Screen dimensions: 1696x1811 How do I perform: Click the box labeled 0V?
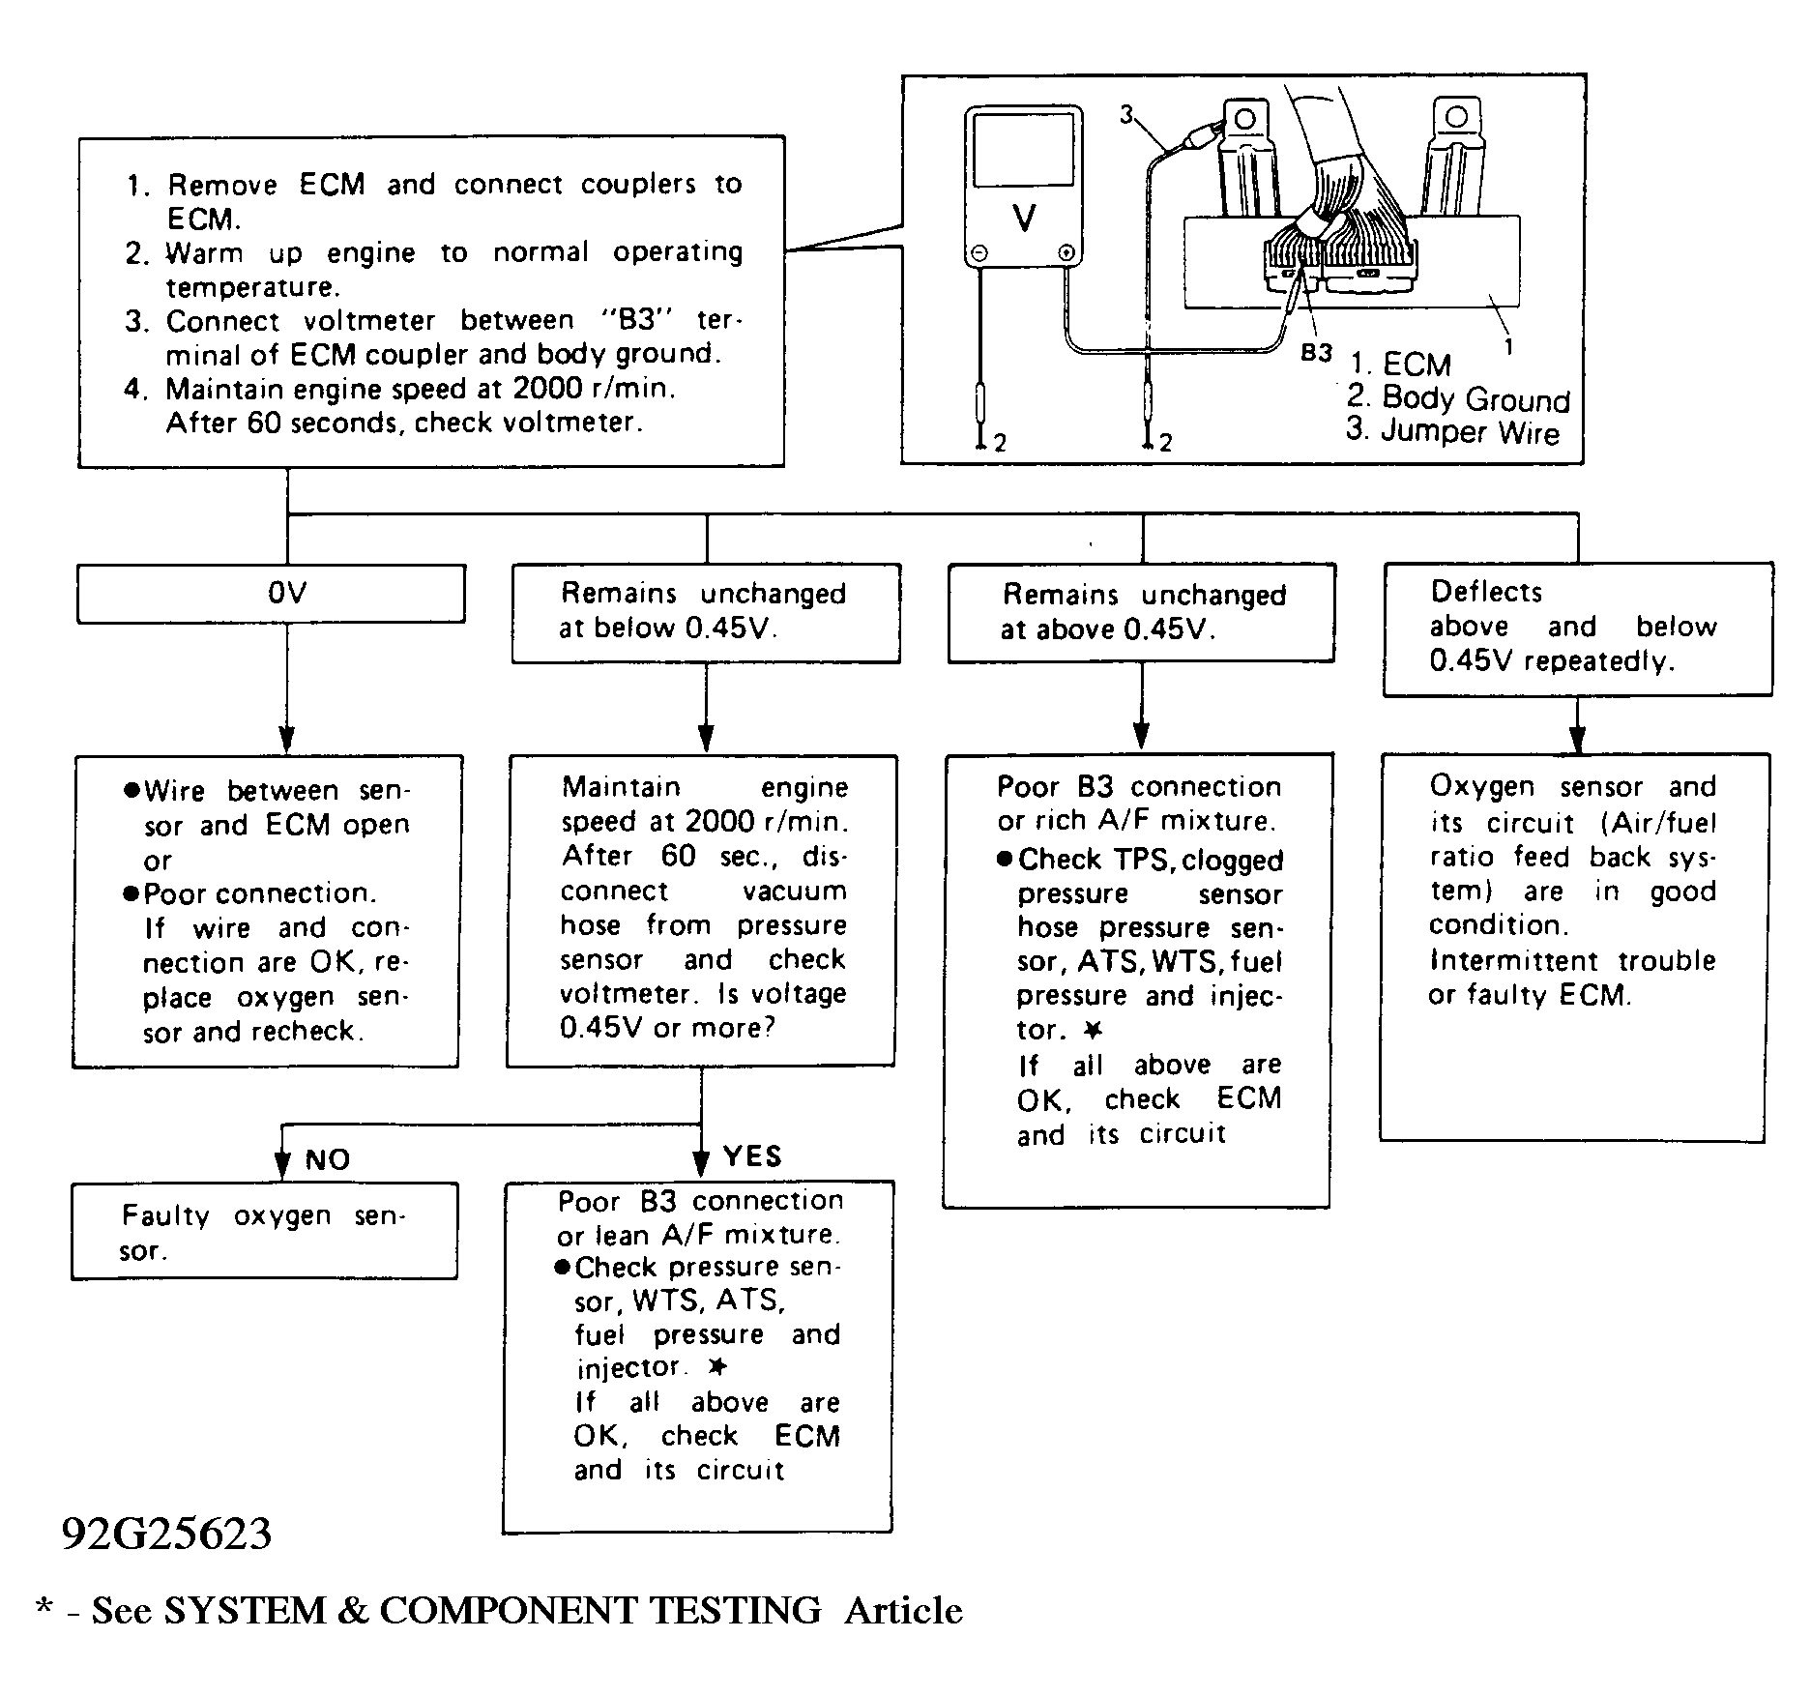click(x=271, y=593)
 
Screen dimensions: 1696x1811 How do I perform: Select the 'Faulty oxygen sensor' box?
click(x=264, y=1231)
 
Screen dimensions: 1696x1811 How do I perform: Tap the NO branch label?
click(x=328, y=1159)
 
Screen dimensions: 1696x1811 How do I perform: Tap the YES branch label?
click(x=752, y=1156)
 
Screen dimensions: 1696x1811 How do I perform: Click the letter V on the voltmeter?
click(x=1023, y=219)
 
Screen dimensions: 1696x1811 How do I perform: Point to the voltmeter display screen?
click(x=1023, y=149)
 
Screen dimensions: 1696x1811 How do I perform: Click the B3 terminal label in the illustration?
click(x=1316, y=353)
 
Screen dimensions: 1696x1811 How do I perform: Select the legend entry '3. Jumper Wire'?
click(x=1452, y=430)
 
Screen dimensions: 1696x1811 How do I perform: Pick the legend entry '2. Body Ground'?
click(x=1458, y=398)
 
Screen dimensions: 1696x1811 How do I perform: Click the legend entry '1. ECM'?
click(x=1401, y=365)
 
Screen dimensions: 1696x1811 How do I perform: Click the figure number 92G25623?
click(x=167, y=1534)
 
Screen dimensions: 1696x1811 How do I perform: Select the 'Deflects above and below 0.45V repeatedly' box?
click(x=1577, y=629)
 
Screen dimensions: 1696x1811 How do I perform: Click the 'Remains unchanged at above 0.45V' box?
click(x=1141, y=613)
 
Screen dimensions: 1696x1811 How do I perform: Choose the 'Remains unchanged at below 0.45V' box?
click(x=706, y=613)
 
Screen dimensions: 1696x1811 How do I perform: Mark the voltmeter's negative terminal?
click(x=979, y=254)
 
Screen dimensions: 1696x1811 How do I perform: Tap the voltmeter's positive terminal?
click(x=1066, y=254)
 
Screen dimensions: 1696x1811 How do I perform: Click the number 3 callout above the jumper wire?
click(x=1126, y=115)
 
